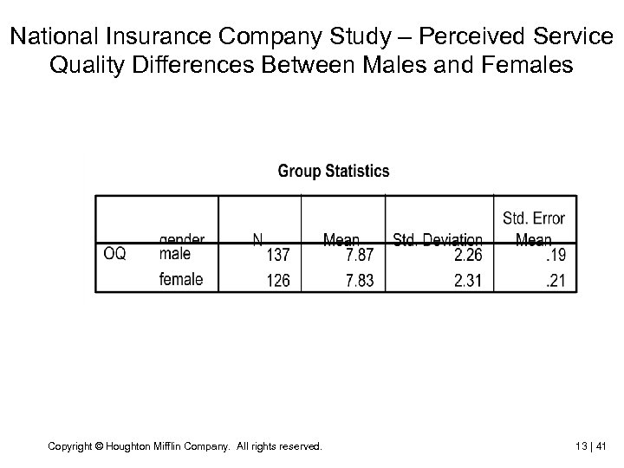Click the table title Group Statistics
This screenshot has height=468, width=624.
pyautogui.click(x=334, y=171)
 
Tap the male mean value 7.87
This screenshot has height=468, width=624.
pyautogui.click(x=360, y=255)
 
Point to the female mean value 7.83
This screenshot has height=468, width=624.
pyautogui.click(x=360, y=280)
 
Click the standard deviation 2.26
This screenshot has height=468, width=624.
pyautogui.click(x=467, y=255)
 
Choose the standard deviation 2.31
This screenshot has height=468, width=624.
pyautogui.click(x=467, y=280)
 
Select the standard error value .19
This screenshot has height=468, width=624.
pyautogui.click(x=556, y=255)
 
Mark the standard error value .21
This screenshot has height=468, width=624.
pyautogui.click(x=556, y=280)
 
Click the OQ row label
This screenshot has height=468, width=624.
pyautogui.click(x=115, y=254)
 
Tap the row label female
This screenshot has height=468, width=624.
pyautogui.click(x=181, y=279)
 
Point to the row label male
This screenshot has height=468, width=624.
pyautogui.click(x=174, y=254)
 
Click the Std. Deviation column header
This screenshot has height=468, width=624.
pyautogui.click(x=438, y=238)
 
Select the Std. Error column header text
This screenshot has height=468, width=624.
pyautogui.click(x=534, y=218)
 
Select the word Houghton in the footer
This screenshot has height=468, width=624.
pyautogui.click(x=127, y=446)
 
